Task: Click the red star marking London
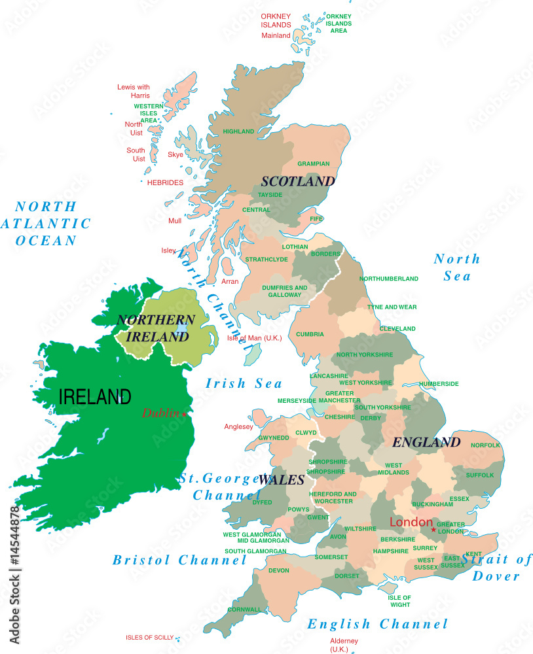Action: point(433,530)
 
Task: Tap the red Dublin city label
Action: point(162,413)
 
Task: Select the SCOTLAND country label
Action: point(298,181)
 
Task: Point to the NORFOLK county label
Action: point(485,445)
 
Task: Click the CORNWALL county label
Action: point(244,610)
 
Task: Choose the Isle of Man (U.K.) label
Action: point(254,337)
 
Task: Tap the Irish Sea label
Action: point(244,384)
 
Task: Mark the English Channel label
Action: point(378,624)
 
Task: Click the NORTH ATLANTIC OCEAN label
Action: point(46,223)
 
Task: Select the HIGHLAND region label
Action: point(238,131)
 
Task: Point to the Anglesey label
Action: point(238,427)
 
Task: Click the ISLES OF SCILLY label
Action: point(151,637)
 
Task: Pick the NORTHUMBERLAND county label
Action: point(389,279)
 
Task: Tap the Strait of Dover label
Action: point(496,568)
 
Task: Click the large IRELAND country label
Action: point(95,396)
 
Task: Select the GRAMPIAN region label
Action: point(314,163)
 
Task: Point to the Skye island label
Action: point(175,155)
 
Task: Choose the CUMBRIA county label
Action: point(310,334)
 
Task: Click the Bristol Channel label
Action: point(179,560)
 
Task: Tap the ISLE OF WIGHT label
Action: point(399,601)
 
